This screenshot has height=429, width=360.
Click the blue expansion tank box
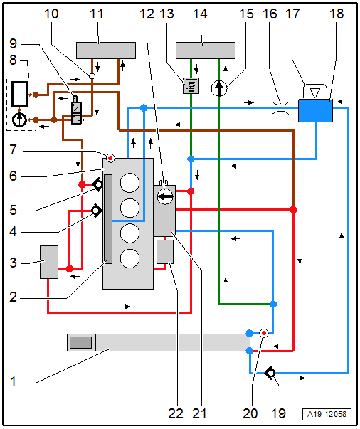(x=315, y=110)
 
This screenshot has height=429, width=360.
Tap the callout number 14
(x=200, y=14)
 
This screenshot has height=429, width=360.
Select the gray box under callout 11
(x=106, y=51)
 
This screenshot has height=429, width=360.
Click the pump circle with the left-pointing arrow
(x=166, y=196)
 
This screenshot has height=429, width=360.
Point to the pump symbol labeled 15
(x=219, y=88)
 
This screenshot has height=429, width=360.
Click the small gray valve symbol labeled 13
(x=191, y=85)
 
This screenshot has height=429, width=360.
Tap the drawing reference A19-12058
(x=327, y=414)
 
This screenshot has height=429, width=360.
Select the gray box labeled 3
(x=49, y=262)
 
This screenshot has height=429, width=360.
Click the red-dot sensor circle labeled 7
(x=110, y=158)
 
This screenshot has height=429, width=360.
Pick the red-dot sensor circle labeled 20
(x=264, y=333)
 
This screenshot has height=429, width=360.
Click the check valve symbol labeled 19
(x=271, y=373)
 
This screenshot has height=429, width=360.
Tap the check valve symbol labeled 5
(x=97, y=185)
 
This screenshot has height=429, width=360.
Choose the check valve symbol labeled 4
(x=97, y=211)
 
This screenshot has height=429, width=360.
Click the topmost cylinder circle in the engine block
(x=129, y=183)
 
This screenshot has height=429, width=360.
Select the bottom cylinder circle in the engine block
(x=129, y=258)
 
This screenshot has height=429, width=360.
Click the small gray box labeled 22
(x=165, y=252)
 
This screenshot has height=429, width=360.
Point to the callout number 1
(x=13, y=381)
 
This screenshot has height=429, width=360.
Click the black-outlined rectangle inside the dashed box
(x=19, y=94)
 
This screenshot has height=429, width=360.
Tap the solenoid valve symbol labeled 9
(x=76, y=110)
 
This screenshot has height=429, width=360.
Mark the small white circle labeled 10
(x=92, y=75)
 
